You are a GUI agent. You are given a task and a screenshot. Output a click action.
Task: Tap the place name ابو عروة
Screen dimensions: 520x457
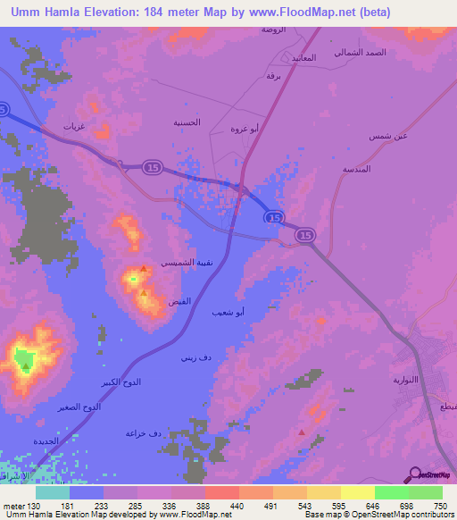(x=244, y=129)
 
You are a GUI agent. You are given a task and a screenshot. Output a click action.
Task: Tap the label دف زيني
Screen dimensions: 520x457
(x=196, y=358)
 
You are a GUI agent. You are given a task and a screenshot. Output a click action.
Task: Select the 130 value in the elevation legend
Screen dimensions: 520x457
(x=25, y=505)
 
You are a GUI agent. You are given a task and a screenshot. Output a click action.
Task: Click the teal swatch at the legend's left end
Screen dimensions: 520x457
(x=53, y=492)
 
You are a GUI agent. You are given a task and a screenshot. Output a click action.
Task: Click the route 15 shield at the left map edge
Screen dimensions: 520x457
(x=4, y=108)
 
